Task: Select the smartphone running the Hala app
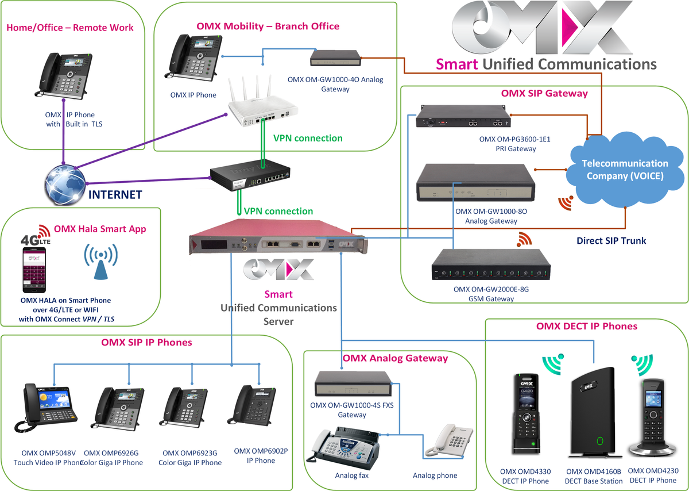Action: click(x=34, y=271)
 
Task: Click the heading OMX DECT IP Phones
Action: click(x=586, y=326)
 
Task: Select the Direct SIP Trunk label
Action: click(x=611, y=240)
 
